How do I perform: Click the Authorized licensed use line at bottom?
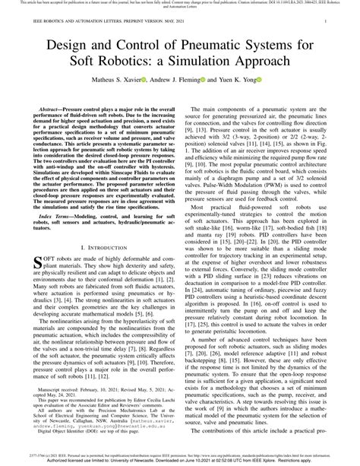pos(180,461)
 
